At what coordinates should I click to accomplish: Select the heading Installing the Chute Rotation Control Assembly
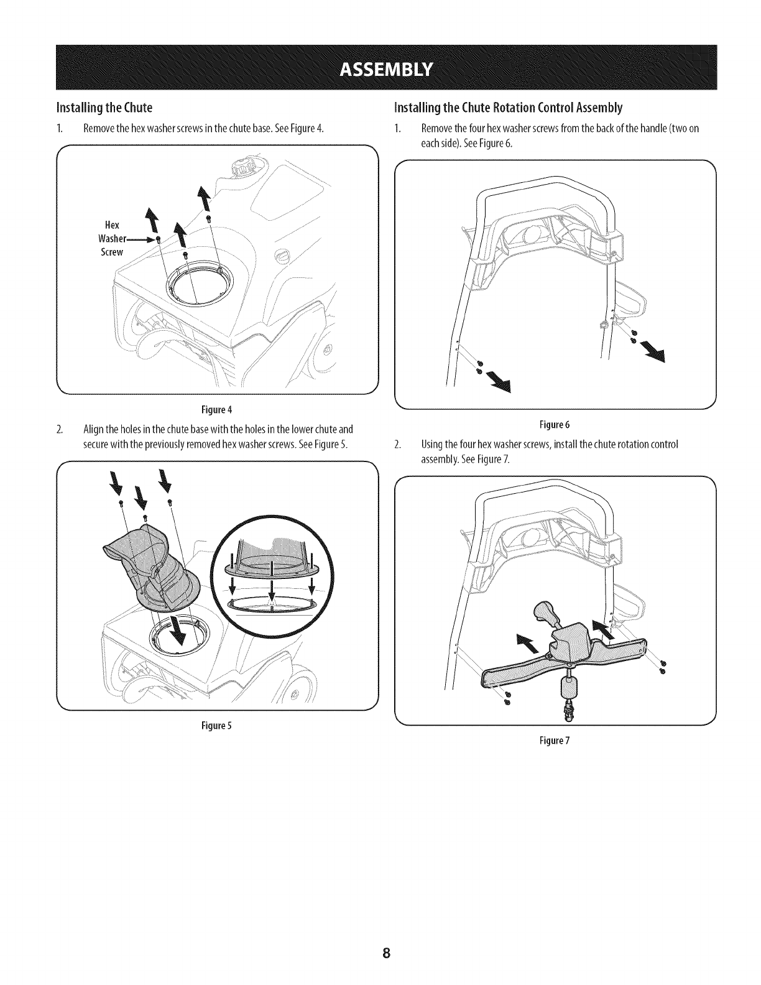[x=508, y=108]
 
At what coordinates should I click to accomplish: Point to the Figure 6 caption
[x=555, y=425]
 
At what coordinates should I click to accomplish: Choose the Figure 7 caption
[x=555, y=741]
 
